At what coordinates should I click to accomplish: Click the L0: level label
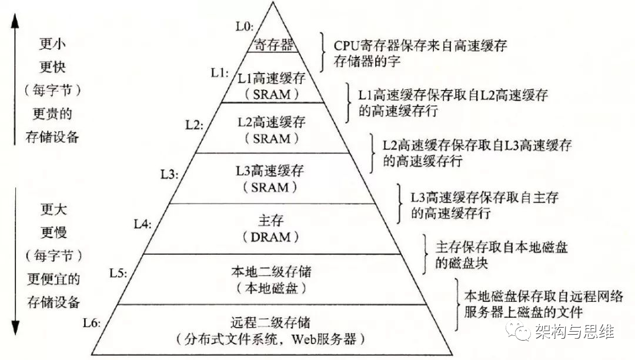[243, 26]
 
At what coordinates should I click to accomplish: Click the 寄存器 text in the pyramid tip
[273, 44]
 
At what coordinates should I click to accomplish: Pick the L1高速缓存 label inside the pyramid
[272, 77]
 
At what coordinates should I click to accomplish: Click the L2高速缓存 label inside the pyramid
[273, 122]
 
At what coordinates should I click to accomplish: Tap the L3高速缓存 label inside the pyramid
[273, 172]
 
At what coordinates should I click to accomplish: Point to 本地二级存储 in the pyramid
[272, 272]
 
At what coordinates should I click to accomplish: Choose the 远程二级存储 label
[272, 322]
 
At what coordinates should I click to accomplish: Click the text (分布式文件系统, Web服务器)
[272, 339]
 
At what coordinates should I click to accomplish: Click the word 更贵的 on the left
[52, 113]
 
